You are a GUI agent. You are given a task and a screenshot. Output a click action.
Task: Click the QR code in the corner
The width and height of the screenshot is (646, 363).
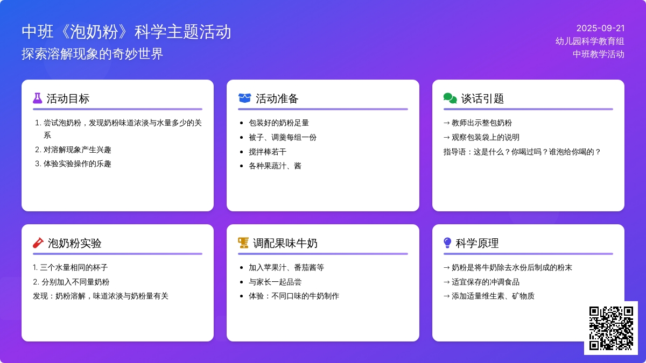pyautogui.click(x=611, y=328)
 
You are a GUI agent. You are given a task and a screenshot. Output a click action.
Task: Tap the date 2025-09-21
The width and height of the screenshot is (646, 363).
pyautogui.click(x=600, y=29)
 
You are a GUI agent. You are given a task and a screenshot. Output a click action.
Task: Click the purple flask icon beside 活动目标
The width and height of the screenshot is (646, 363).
pyautogui.click(x=37, y=98)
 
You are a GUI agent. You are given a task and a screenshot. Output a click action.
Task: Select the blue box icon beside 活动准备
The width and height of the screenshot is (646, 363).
pyautogui.click(x=244, y=98)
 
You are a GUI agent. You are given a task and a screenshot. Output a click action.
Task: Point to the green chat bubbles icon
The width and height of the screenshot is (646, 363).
pyautogui.click(x=450, y=98)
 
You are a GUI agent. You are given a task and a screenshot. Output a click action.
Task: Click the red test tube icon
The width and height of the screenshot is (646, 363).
pyautogui.click(x=38, y=243)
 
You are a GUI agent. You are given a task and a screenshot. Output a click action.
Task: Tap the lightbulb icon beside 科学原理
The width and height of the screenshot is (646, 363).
pyautogui.click(x=447, y=243)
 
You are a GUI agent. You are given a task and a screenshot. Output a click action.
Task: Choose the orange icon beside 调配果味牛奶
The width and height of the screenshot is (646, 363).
pyautogui.click(x=243, y=243)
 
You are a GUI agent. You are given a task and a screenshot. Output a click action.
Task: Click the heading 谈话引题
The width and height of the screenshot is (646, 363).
pyautogui.click(x=482, y=99)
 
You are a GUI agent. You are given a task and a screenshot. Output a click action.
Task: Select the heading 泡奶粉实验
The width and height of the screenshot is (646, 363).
pyautogui.click(x=74, y=243)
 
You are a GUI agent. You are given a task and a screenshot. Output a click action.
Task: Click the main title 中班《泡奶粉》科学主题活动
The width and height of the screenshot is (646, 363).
pyautogui.click(x=127, y=32)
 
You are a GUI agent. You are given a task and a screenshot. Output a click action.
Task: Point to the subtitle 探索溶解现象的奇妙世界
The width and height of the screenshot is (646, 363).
pyautogui.click(x=93, y=54)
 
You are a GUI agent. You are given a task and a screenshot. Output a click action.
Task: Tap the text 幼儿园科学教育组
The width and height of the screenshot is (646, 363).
pyautogui.click(x=590, y=41)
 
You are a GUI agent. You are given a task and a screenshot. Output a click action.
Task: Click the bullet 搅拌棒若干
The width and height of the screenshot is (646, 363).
pyautogui.click(x=268, y=152)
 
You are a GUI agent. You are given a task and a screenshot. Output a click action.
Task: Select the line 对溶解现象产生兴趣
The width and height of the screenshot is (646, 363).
pyautogui.click(x=78, y=150)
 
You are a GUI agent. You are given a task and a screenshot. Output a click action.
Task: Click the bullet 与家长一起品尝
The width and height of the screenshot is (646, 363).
pyautogui.click(x=275, y=282)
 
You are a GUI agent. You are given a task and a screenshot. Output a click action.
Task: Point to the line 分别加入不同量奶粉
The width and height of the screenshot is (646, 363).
pyautogui.click(x=75, y=282)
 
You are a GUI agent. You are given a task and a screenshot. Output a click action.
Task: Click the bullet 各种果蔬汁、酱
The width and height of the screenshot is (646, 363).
pyautogui.click(x=275, y=166)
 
